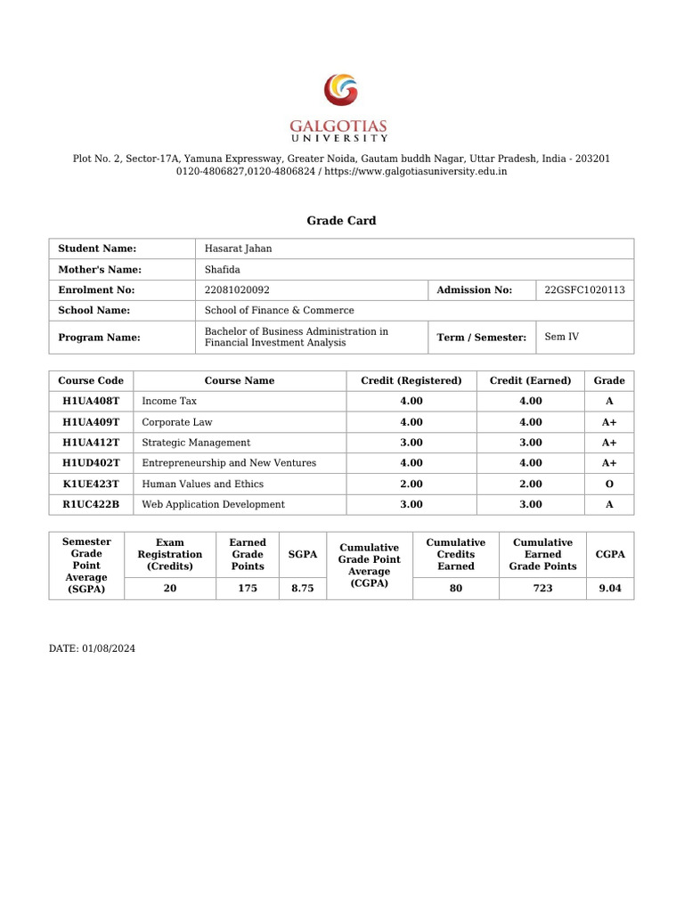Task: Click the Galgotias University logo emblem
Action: tap(341, 91)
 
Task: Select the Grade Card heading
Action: tap(341, 221)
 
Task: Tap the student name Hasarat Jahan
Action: tap(239, 248)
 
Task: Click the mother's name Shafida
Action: tap(223, 269)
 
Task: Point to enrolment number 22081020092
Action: tap(237, 289)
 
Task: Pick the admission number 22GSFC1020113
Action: tap(584, 289)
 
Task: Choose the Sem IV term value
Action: tap(561, 337)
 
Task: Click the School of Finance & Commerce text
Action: tap(279, 310)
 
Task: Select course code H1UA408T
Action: tap(91, 402)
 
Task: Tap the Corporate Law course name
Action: tap(177, 422)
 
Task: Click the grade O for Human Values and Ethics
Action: tap(609, 484)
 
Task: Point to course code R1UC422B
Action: tap(91, 504)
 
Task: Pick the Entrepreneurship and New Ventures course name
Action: tap(229, 463)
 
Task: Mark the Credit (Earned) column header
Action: tap(531, 380)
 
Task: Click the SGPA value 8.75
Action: tap(303, 589)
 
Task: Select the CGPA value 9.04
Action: tap(610, 589)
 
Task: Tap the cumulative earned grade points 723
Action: tap(542, 589)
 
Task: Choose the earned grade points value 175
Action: tap(248, 589)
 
